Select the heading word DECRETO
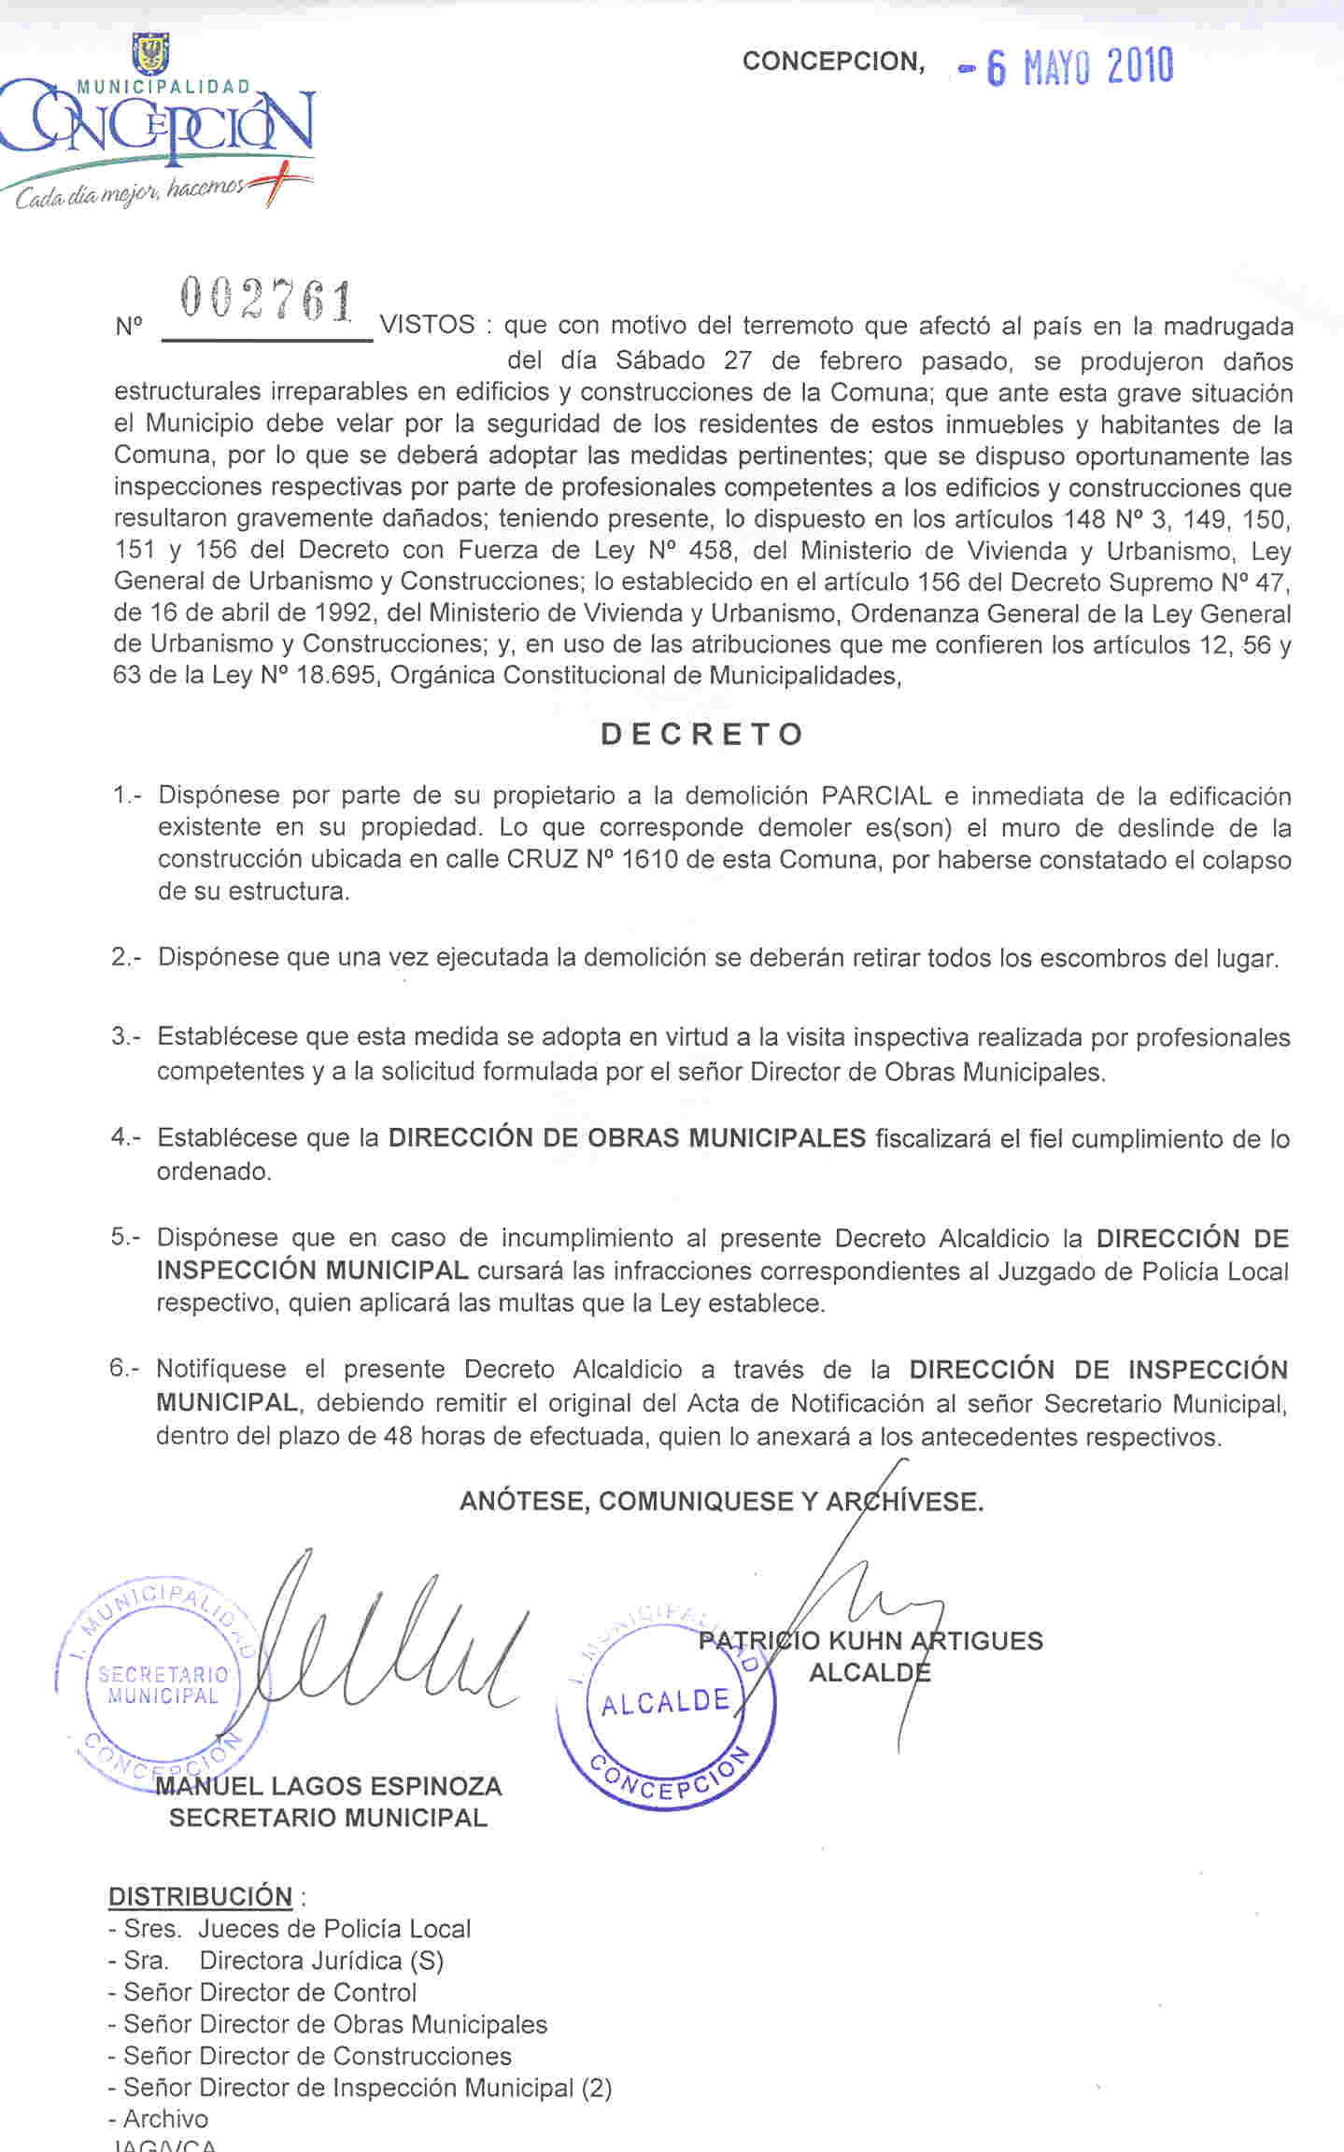coord(701,735)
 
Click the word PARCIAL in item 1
coord(876,796)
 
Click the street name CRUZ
coord(541,860)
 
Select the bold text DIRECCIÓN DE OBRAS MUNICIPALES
coord(627,1138)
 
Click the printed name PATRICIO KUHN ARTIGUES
coord(870,1640)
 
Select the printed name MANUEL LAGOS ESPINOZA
coord(329,1786)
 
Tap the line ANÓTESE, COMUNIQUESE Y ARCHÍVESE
coord(721,1501)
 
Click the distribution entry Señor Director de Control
coord(270,1992)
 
